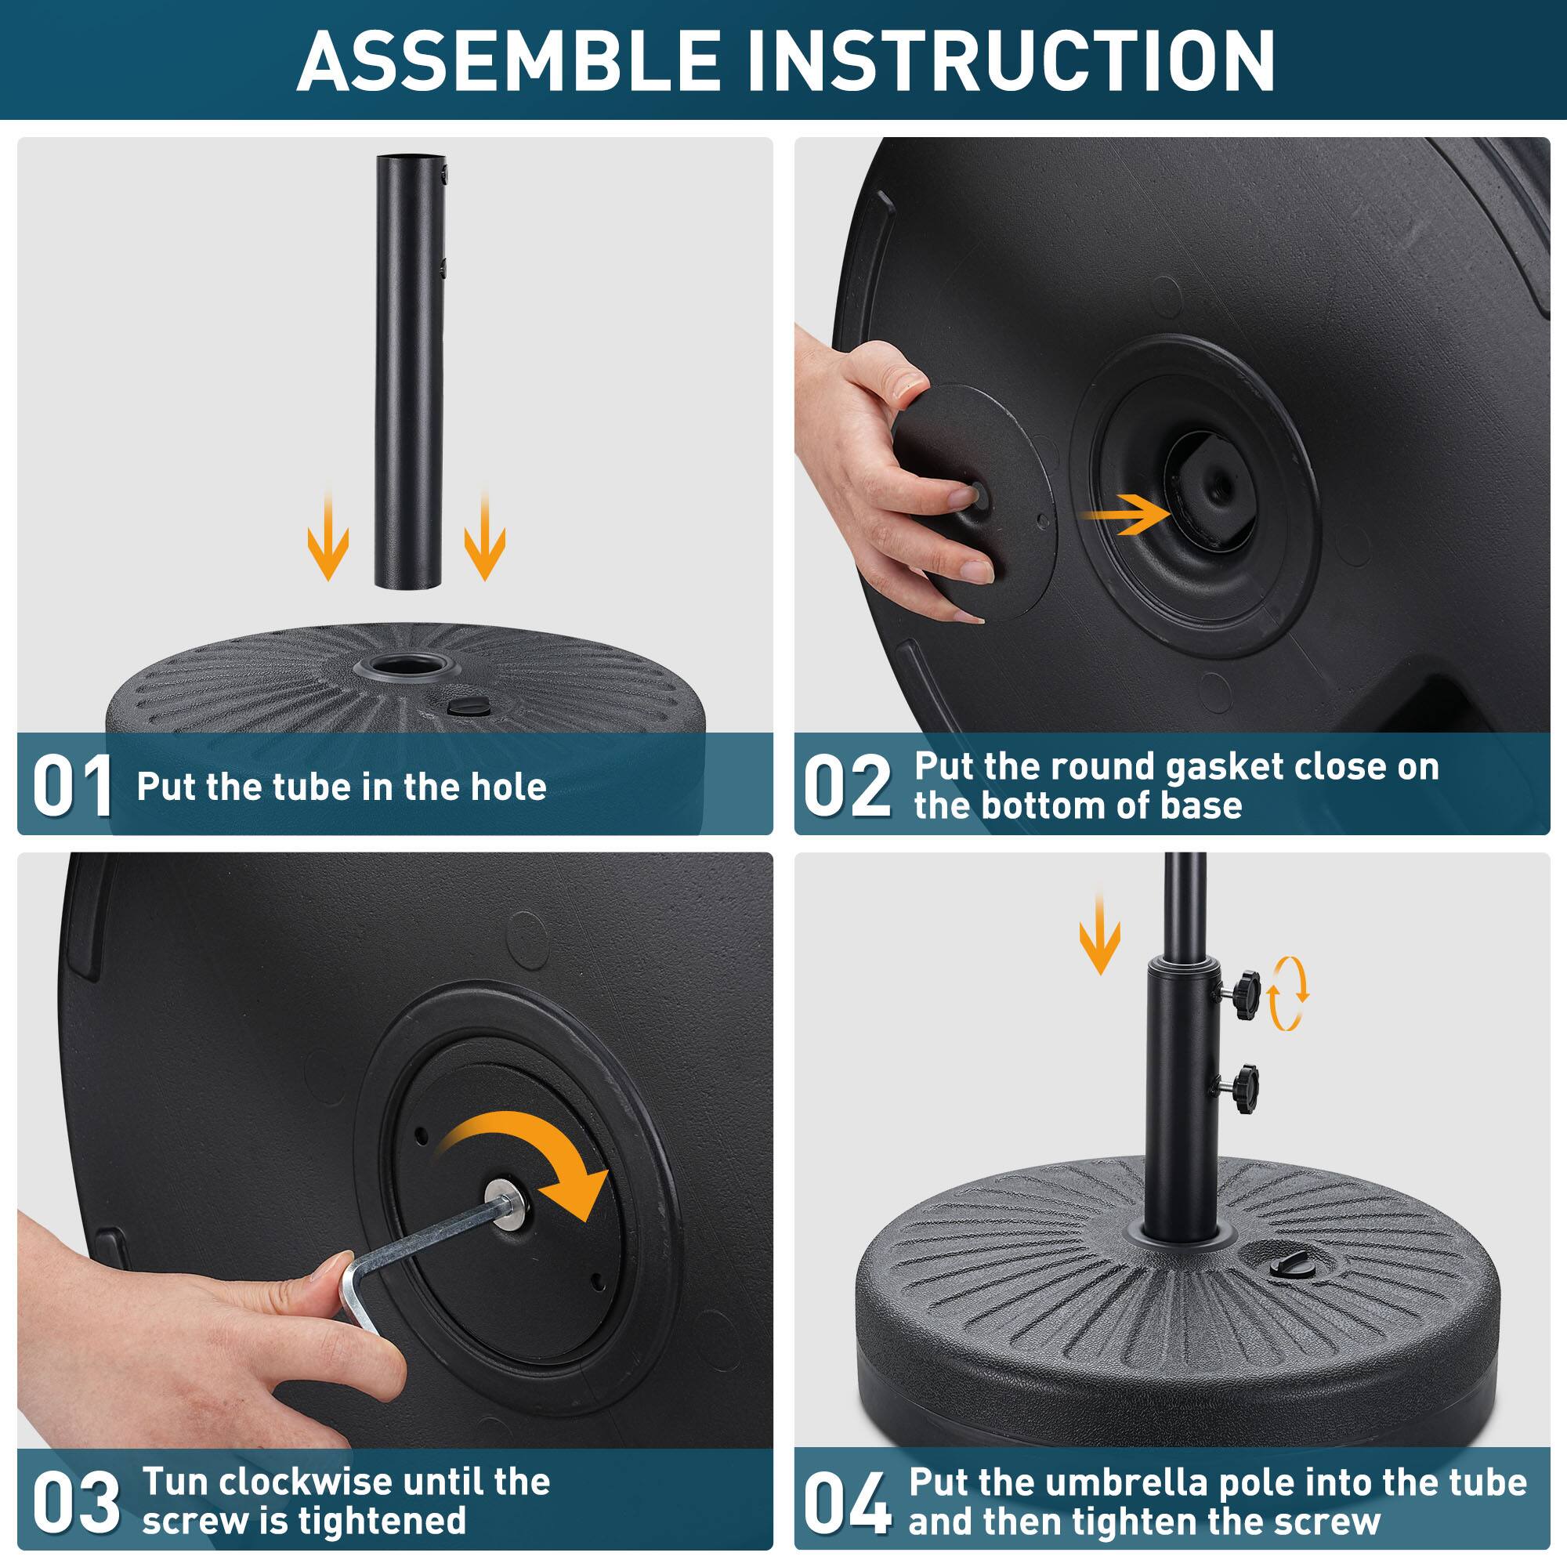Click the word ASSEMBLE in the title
coord(508,62)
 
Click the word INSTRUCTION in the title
coord(1009,62)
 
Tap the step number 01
coord(72,786)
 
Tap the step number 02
coord(847,786)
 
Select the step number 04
coord(847,1502)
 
